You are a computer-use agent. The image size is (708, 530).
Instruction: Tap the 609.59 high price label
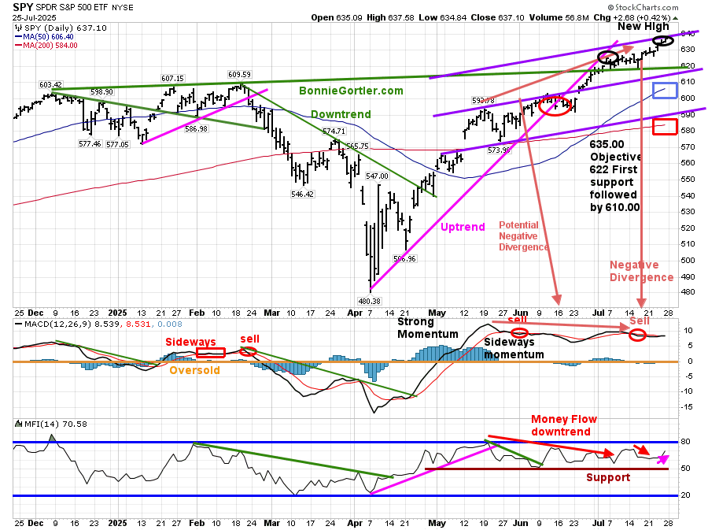[239, 75]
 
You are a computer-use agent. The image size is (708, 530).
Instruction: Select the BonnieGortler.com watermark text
[351, 91]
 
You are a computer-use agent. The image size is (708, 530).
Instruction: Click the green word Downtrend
[341, 114]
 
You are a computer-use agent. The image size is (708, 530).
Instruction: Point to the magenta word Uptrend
[462, 227]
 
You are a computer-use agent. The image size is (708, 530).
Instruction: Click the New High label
[643, 26]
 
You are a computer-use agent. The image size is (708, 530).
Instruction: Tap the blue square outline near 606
[665, 90]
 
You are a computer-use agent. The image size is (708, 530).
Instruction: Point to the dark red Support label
[608, 477]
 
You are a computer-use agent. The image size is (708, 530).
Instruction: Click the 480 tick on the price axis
[687, 292]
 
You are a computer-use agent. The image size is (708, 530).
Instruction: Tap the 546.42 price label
[302, 194]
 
